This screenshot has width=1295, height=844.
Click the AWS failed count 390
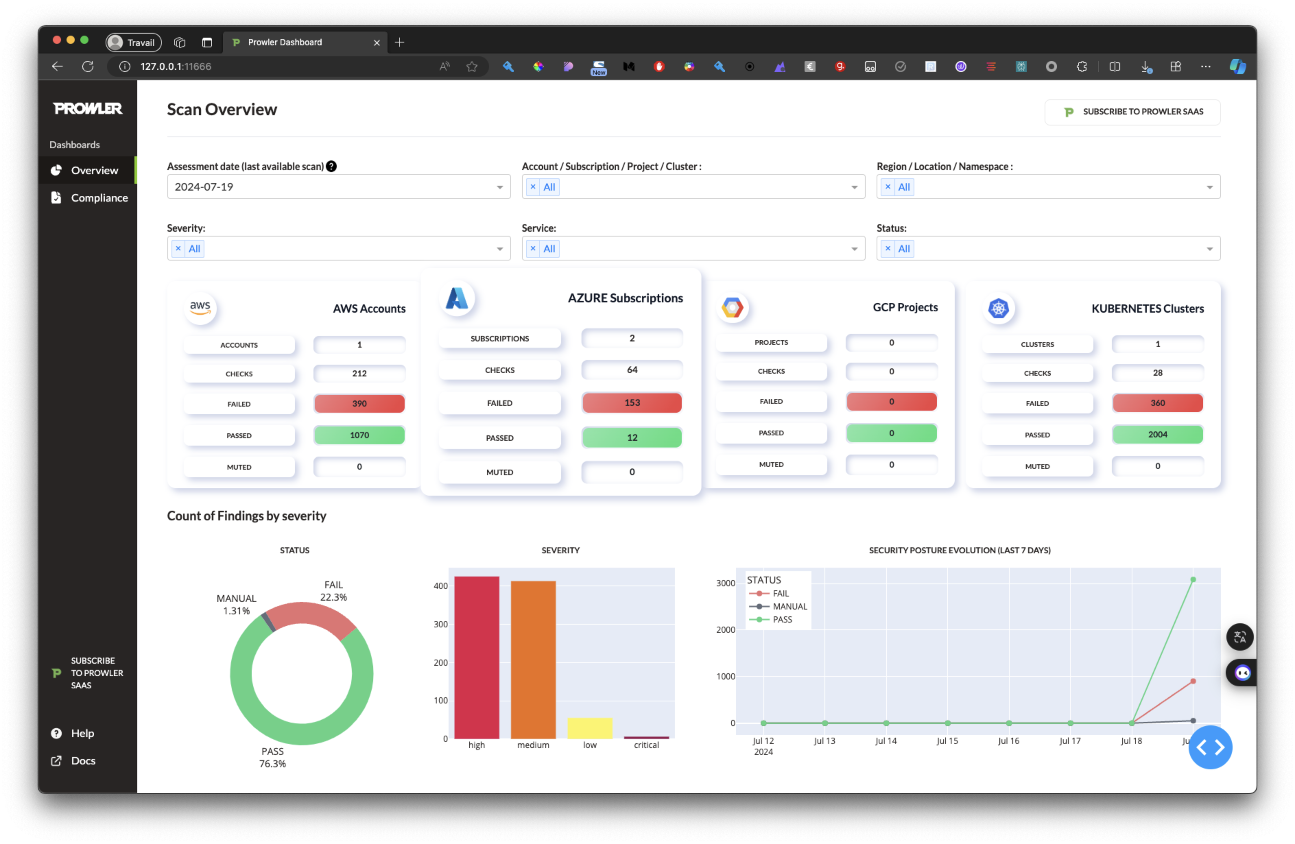pos(359,403)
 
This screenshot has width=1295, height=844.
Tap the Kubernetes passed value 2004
pos(1157,434)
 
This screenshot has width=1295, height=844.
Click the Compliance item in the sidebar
pos(99,198)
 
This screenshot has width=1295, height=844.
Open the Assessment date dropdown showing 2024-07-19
pos(338,187)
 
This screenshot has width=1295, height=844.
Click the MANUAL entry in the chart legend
pos(789,606)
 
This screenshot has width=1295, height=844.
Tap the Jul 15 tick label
pos(947,741)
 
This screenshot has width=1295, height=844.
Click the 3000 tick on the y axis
pos(725,583)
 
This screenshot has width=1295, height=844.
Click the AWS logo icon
pos(200,308)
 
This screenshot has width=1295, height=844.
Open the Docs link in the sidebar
pos(83,761)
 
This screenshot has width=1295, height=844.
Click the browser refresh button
pos(87,67)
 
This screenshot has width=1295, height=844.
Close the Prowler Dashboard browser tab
pos(377,43)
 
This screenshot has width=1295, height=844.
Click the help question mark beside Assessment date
pos(331,166)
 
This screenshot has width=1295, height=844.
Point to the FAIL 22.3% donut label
pos(334,591)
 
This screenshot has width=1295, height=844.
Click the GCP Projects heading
pos(905,307)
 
